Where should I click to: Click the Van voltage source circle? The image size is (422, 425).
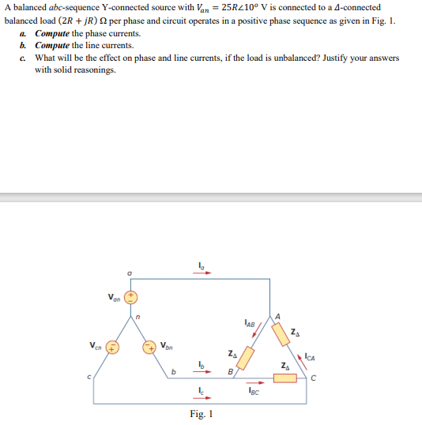132,298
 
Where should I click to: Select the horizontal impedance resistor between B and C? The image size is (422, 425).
285,378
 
